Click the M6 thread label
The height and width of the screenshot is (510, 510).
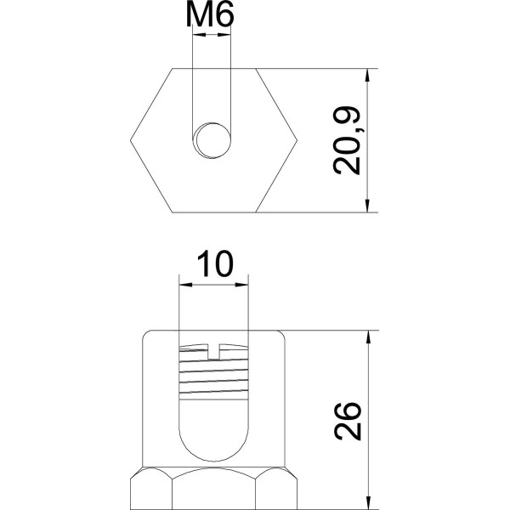tap(212, 16)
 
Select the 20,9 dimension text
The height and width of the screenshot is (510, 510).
tap(348, 140)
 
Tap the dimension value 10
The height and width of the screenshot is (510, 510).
tap(213, 264)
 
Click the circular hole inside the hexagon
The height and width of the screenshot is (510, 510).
tap(212, 139)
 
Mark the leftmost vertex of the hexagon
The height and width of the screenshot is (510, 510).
tap(130, 139)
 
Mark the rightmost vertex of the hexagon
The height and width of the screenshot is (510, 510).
tap(296, 139)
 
